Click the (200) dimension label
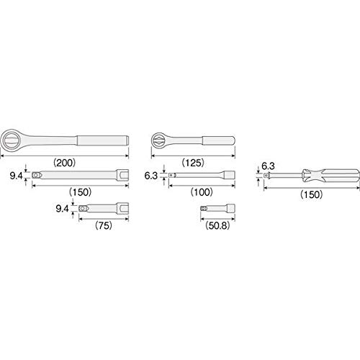[x=65, y=163]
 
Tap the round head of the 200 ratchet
[x=11, y=140]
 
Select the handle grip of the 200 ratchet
[x=103, y=140]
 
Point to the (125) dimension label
[x=193, y=163]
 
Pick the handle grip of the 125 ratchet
[x=218, y=140]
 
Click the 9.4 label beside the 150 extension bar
[x=16, y=176]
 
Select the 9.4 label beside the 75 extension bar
[x=62, y=208]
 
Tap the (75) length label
[x=104, y=225]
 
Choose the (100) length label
[x=202, y=192]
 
